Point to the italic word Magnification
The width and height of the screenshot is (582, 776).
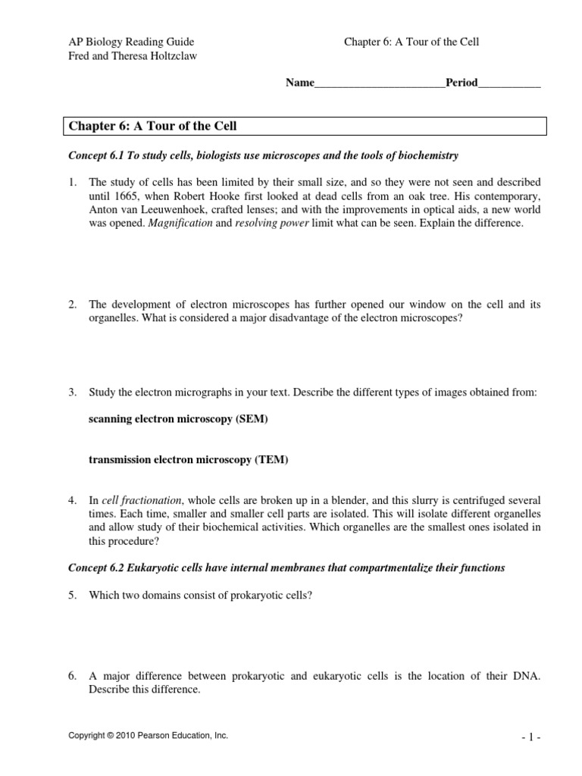click(x=182, y=224)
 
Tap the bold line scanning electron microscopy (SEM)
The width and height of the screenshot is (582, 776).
click(x=178, y=419)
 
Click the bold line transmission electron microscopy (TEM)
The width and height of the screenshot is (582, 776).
click(x=189, y=460)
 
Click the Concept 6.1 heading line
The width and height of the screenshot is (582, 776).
click(x=264, y=155)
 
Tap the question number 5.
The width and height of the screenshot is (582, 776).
click(x=73, y=596)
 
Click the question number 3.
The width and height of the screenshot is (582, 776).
click(x=73, y=392)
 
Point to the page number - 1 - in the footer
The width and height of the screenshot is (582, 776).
click(x=530, y=736)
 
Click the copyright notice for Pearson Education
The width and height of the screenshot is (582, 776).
click(x=149, y=735)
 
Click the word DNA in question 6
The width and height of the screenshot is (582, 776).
click(x=527, y=677)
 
